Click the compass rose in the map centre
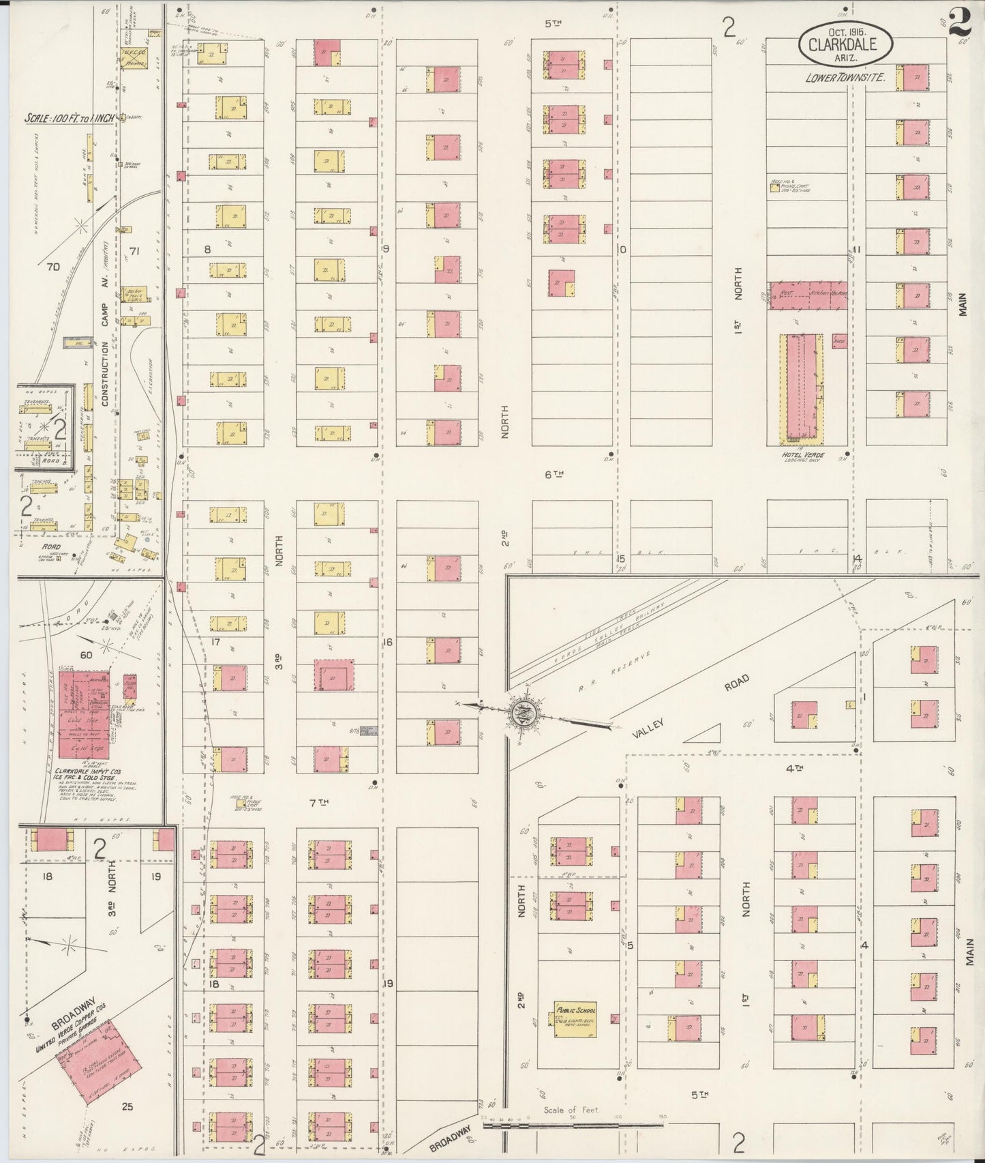pyautogui.click(x=524, y=713)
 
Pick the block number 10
pyautogui.click(x=622, y=250)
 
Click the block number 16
pyautogui.click(x=388, y=642)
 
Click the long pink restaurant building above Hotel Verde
pyautogui.click(x=808, y=295)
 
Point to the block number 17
pyautogui.click(x=215, y=642)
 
